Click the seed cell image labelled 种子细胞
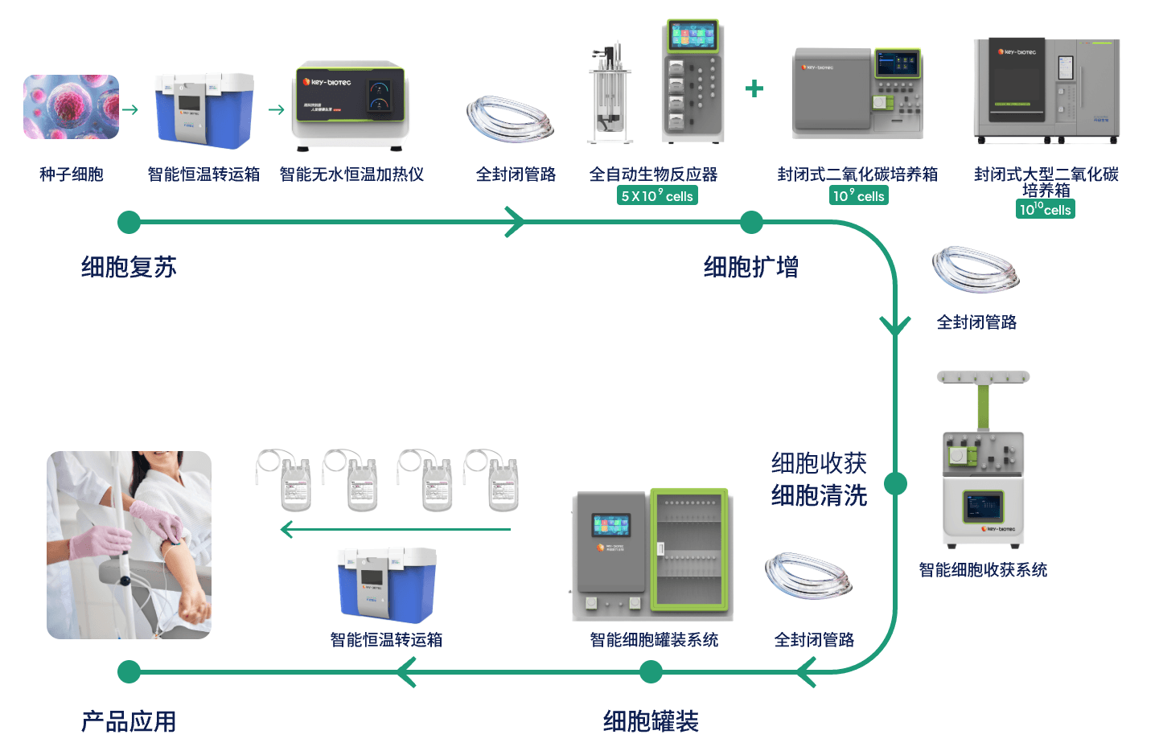[x=71, y=107]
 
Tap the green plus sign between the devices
[x=754, y=88]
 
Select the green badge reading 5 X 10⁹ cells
[x=657, y=195]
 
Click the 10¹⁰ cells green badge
[x=1045, y=210]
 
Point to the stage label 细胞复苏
[x=129, y=267]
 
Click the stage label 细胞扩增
[x=750, y=267]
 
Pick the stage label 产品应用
[x=129, y=721]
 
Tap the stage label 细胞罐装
[x=651, y=721]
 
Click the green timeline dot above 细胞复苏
[x=129, y=223]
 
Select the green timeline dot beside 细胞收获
[x=895, y=483]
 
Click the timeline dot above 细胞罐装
[x=651, y=671]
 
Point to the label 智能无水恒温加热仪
[x=351, y=174]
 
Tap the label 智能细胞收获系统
[x=983, y=570]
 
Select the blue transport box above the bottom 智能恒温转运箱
[x=387, y=585]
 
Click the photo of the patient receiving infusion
[x=129, y=544]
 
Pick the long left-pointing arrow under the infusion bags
[x=395, y=529]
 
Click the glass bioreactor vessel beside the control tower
[x=609, y=95]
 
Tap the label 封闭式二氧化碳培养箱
[x=857, y=174]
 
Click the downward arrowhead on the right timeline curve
[x=895, y=326]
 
